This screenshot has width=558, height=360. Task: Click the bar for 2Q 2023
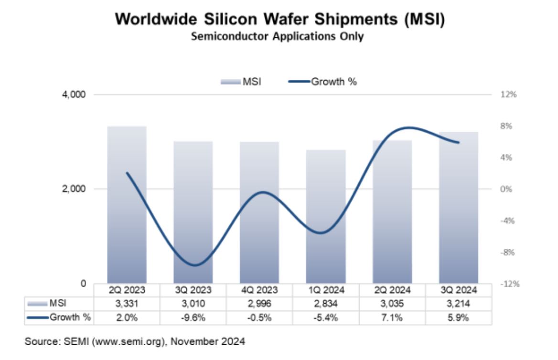(127, 205)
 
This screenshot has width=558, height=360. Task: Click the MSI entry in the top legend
(241, 82)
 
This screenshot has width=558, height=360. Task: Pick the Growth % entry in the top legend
(323, 82)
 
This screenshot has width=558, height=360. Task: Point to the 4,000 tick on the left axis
(75, 95)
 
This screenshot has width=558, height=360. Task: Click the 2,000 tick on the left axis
(75, 189)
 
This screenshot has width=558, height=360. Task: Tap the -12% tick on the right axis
(509, 284)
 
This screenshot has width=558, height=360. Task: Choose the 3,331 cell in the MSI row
(127, 303)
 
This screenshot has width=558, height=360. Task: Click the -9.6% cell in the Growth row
(193, 316)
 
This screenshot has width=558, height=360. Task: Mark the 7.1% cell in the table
(392, 316)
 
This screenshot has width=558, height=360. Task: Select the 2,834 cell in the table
(326, 303)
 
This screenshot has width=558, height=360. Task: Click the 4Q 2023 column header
(259, 290)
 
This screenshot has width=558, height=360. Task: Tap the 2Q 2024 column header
(392, 290)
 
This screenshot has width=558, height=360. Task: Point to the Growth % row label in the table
(60, 316)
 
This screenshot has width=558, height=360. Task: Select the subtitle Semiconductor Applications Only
(277, 36)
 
